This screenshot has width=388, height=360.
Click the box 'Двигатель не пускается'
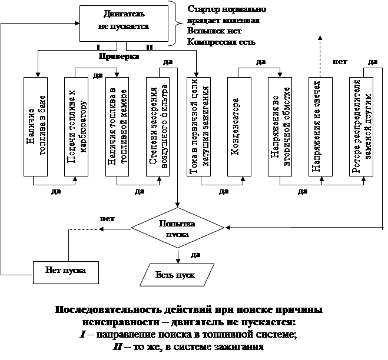124,24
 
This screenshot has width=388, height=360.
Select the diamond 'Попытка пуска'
177,228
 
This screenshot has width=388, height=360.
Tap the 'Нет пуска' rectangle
66,272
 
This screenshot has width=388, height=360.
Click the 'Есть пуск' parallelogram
177,275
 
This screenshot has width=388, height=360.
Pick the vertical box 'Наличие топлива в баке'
36,126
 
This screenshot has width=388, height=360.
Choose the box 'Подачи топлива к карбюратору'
76,126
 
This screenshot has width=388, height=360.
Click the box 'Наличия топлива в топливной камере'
117,126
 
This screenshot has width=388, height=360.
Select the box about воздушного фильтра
158,126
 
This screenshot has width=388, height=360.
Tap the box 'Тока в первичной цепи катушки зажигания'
198,126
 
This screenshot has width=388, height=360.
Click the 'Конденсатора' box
239,126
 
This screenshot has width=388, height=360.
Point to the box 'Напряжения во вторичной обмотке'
280,126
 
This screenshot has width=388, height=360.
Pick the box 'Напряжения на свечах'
320,126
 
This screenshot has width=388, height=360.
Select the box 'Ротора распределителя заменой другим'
361,126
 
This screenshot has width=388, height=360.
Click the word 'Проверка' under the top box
119,56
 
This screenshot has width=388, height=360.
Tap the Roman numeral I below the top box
98,47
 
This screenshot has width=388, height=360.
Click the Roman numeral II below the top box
149,47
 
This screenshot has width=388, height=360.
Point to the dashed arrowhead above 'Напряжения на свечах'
320,38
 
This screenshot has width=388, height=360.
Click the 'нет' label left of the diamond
107,219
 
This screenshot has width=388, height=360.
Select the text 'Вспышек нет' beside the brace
214,31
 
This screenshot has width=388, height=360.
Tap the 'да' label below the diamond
195,255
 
